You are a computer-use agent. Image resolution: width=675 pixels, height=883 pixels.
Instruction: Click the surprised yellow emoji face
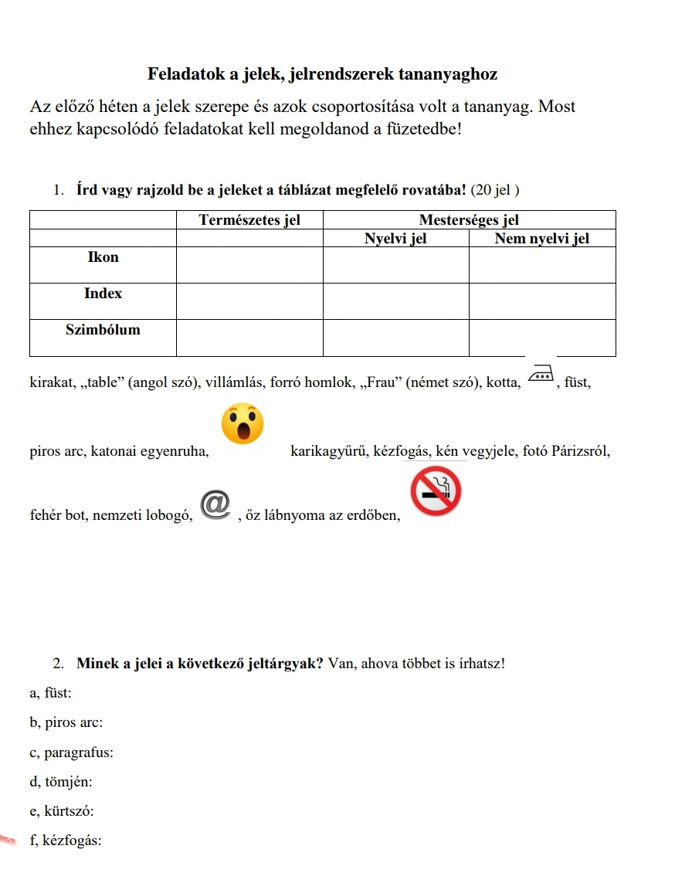(x=243, y=423)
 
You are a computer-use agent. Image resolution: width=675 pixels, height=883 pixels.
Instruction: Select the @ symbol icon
(x=216, y=503)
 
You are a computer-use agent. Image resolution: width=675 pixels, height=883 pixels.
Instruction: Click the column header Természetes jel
(x=249, y=220)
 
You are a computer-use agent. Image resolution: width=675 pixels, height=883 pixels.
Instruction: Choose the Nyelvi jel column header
(x=395, y=239)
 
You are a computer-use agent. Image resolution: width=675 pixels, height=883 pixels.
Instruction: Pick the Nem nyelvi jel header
(x=542, y=239)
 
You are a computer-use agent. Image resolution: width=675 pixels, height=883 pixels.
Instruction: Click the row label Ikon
(x=103, y=257)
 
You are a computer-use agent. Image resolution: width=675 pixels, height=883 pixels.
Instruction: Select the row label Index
(x=103, y=294)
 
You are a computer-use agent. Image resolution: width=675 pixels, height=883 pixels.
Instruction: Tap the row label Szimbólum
(x=103, y=330)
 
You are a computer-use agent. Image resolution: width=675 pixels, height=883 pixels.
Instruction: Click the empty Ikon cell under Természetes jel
(x=249, y=265)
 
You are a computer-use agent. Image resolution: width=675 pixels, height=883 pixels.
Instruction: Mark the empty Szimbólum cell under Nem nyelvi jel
(x=542, y=338)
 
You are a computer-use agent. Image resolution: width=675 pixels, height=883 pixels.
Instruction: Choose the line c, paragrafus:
(x=71, y=752)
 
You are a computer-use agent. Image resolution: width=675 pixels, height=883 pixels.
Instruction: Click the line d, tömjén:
(x=61, y=782)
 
